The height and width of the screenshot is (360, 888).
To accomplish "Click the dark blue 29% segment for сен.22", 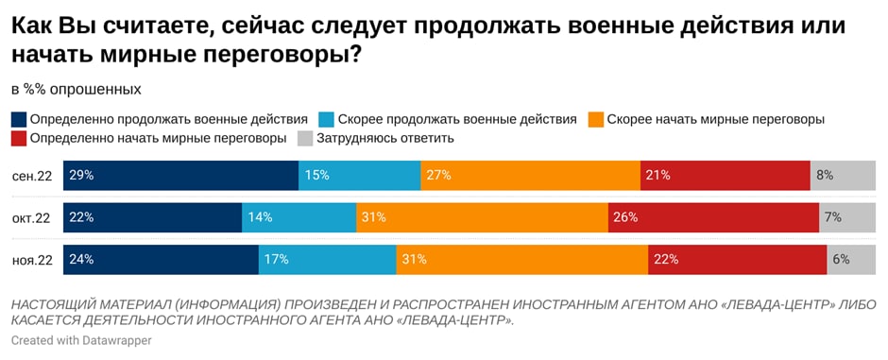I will click(x=180, y=176).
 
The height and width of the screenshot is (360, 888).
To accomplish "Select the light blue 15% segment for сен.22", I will click(x=359, y=176).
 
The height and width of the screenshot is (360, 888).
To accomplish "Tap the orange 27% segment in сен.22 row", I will click(x=530, y=176).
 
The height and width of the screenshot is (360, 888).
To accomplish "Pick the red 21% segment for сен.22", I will click(x=725, y=176).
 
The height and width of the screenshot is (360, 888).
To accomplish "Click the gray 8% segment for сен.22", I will click(x=843, y=176).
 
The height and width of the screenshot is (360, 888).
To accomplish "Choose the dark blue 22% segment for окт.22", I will click(x=152, y=217).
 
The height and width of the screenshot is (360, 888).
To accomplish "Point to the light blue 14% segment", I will click(x=299, y=217).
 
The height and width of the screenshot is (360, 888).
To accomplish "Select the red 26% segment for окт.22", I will click(x=713, y=217).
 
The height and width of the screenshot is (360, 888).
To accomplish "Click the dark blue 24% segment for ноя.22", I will click(x=161, y=259).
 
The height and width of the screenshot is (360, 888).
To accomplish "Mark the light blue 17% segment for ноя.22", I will click(x=327, y=259).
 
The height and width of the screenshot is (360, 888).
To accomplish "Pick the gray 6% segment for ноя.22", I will click(x=851, y=259).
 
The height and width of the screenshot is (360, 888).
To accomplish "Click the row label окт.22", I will click(x=31, y=217).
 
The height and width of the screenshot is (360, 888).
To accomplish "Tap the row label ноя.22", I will click(x=31, y=259).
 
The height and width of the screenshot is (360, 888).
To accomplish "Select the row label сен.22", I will click(x=31, y=176).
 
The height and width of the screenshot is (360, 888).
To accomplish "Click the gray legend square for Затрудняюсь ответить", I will click(x=305, y=139).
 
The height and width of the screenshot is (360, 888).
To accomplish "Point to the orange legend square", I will click(x=595, y=120).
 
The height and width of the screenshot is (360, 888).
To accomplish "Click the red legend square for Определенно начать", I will click(x=19, y=139).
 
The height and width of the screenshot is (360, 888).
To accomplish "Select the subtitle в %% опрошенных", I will click(x=77, y=90).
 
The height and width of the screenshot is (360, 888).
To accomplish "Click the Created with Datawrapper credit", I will click(x=80, y=339).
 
